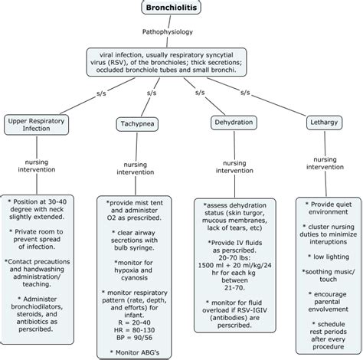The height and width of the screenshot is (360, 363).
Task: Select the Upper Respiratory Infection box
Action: [x=40, y=125]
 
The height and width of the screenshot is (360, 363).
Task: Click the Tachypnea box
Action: [x=137, y=123]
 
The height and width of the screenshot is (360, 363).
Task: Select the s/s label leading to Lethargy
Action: [x=246, y=93]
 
